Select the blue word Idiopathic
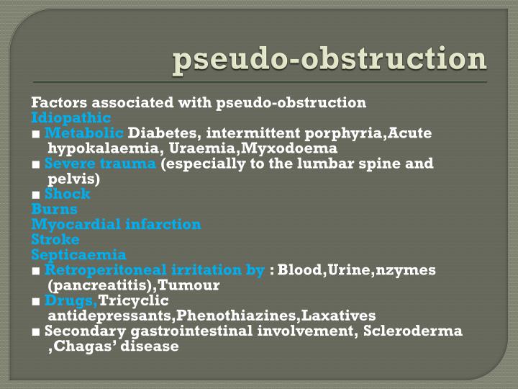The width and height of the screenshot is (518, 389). pyautogui.click(x=71, y=117)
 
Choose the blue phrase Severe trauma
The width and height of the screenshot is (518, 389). pyautogui.click(x=100, y=164)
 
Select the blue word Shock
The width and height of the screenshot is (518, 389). pyautogui.click(x=67, y=194)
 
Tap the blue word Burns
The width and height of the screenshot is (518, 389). pyautogui.click(x=54, y=209)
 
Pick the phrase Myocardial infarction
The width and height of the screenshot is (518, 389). pyautogui.click(x=116, y=224)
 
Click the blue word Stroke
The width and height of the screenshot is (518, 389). pyautogui.click(x=55, y=239)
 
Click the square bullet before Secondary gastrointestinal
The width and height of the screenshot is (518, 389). pyautogui.click(x=35, y=331)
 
